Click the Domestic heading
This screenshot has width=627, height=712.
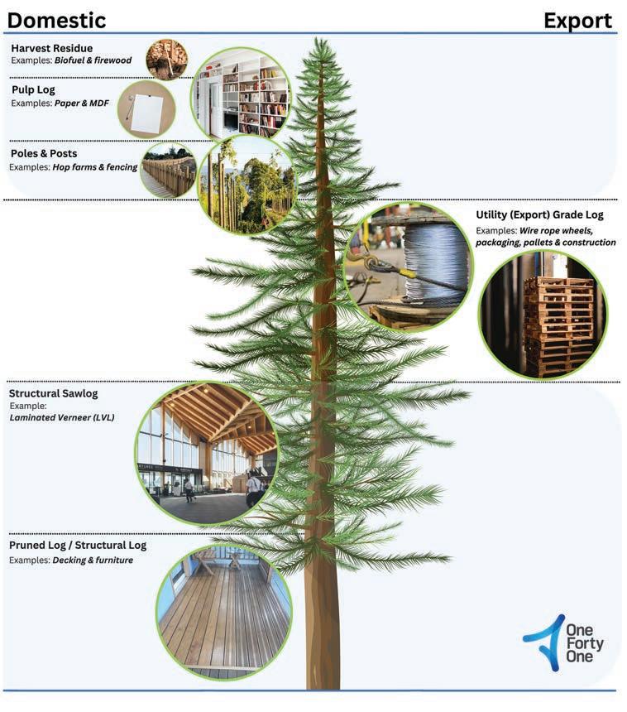click(57, 19)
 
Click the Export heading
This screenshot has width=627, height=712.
click(577, 19)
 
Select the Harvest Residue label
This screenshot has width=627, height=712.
click(51, 48)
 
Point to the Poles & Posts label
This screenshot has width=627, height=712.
click(44, 153)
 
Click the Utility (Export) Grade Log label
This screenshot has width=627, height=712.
click(539, 214)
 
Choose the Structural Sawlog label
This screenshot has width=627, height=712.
click(52, 393)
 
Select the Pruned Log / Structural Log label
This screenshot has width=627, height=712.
click(78, 546)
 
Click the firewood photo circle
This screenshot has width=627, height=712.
click(166, 59)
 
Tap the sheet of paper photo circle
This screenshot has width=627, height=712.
click(146, 108)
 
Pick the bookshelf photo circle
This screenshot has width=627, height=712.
click(242, 93)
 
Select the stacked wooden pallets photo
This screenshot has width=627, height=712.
click(543, 314)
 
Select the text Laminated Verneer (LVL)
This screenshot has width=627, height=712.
click(62, 417)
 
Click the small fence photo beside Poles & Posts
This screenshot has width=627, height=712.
click(168, 170)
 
